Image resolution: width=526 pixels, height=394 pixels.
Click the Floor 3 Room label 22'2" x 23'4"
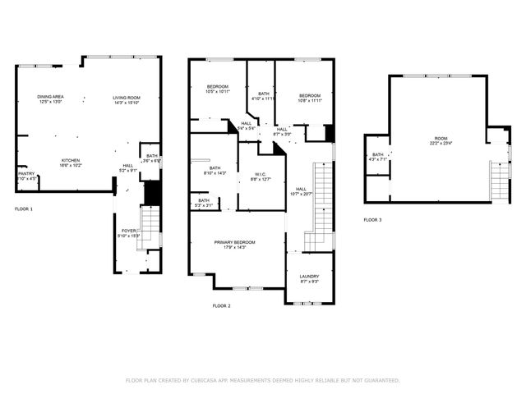pyautogui.click(x=441, y=140)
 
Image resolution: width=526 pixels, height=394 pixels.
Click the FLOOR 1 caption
pyautogui.click(x=24, y=209)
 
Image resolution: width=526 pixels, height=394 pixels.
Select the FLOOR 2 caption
pyautogui.click(x=222, y=305)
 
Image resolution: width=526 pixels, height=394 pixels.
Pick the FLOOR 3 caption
pyautogui.click(x=373, y=220)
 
